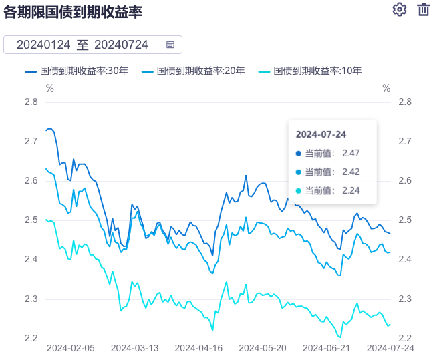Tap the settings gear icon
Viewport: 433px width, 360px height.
400,9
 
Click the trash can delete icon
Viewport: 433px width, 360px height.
423,9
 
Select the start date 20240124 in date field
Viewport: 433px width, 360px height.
43,45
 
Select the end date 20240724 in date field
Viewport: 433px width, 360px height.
122,45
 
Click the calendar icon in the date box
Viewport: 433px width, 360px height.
170,45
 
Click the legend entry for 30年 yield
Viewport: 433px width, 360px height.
76,71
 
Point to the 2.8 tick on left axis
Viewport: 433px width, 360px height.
31,102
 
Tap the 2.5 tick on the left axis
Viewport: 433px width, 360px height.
31,220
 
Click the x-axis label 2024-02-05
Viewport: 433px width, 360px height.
70,348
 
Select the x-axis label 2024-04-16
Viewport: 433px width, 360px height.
198,348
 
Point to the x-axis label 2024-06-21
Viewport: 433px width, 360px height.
327,348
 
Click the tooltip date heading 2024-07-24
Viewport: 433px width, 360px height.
321,134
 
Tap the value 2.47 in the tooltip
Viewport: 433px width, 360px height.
351,153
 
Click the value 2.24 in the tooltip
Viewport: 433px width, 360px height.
351,190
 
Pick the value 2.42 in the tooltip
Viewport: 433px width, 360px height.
351,172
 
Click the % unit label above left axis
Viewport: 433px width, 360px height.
49,87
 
